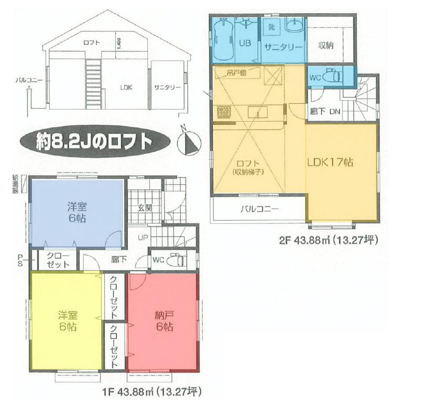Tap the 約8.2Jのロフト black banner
click(95, 142)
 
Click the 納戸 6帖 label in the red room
click(164, 321)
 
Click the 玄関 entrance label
click(145, 208)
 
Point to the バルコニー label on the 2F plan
click(259, 209)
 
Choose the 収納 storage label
click(326, 46)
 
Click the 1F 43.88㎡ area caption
click(151, 392)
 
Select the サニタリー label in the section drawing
click(167, 87)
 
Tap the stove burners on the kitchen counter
click(224, 112)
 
